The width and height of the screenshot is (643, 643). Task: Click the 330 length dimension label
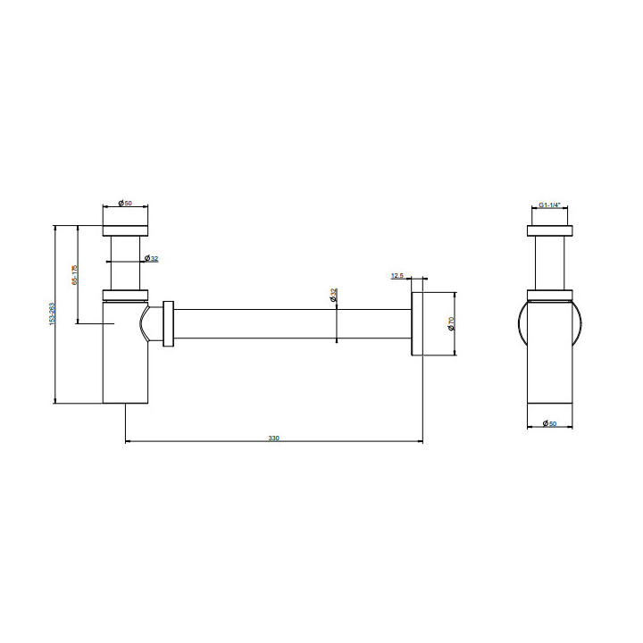[x=273, y=438]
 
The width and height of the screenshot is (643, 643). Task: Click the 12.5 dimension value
[x=397, y=276]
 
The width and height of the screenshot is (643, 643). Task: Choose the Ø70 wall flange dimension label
[x=452, y=323]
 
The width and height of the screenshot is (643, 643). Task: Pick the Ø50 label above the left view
[x=125, y=204]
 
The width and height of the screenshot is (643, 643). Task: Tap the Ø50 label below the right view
[x=549, y=423]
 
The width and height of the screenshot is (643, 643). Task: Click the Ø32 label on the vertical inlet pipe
[x=151, y=259]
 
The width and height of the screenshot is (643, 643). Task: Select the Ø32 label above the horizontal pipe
[x=333, y=296]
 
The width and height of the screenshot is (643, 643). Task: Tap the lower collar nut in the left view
[x=125, y=296]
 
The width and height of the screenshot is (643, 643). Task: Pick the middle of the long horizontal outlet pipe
[x=295, y=323]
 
